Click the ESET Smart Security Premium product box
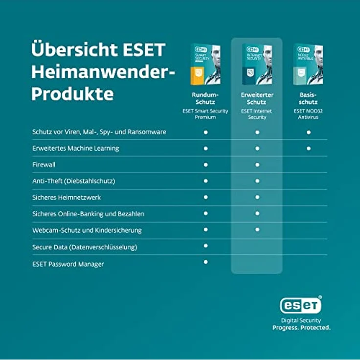pyautogui.click(x=205, y=65)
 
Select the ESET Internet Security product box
pyautogui.click(x=257, y=65)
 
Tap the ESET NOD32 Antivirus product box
pyautogui.click(x=308, y=65)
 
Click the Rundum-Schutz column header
pyautogui.click(x=205, y=98)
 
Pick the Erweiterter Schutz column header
pyautogui.click(x=257, y=98)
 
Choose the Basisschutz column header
pyautogui.click(x=308, y=98)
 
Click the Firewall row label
pyautogui.click(x=44, y=165)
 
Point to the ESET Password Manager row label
pyautogui.click(x=68, y=264)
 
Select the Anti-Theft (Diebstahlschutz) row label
pyautogui.click(x=73, y=181)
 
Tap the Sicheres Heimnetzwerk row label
pyautogui.click(x=67, y=198)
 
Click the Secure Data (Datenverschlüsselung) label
pyautogui.click(x=85, y=247)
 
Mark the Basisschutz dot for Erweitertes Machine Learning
pyautogui.click(x=309, y=148)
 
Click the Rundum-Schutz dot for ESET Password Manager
pyautogui.click(x=205, y=262)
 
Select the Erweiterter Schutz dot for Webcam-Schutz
pyautogui.click(x=257, y=229)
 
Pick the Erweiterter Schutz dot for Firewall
pyautogui.click(x=257, y=165)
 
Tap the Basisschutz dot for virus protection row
pyautogui.click(x=309, y=132)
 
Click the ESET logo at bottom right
pyautogui.click(x=301, y=305)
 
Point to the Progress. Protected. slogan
pyautogui.click(x=301, y=328)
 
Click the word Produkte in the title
pyautogui.click(x=72, y=93)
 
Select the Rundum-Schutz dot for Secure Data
pyautogui.click(x=205, y=246)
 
